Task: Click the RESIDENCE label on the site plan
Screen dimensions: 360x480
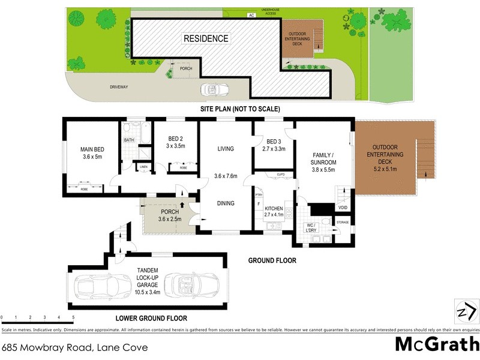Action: [206, 38]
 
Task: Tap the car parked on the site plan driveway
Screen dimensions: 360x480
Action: [215, 89]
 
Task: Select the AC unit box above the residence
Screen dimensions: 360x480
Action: [251, 15]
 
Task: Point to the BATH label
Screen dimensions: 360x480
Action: [129, 140]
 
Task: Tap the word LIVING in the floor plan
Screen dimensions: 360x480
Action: [226, 149]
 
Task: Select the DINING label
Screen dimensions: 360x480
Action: [226, 203]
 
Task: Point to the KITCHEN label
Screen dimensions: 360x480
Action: [273, 208]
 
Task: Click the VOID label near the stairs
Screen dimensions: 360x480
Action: [343, 208]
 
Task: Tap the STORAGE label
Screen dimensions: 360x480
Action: [343, 223]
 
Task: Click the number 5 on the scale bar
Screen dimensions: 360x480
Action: [73, 317]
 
